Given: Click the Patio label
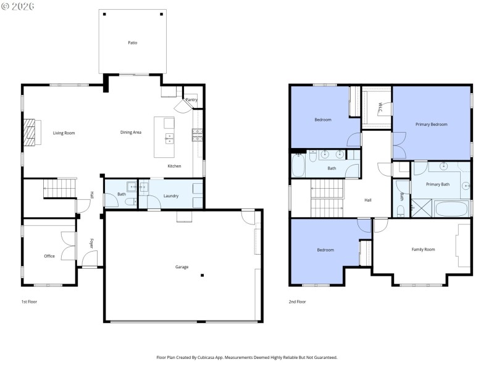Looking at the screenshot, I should click(133, 43).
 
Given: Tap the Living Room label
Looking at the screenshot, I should click(64, 133).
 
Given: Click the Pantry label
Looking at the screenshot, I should click(191, 100).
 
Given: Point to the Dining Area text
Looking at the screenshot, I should click(131, 133).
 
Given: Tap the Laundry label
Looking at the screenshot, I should click(171, 196).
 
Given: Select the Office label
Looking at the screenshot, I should click(49, 256).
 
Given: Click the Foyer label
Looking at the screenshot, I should click(92, 243).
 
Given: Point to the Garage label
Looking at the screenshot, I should click(182, 267).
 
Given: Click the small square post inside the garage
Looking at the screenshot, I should click(202, 276).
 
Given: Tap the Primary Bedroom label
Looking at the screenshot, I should click(431, 125).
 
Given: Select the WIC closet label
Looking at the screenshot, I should click(380, 107).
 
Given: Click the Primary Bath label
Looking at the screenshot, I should click(437, 184).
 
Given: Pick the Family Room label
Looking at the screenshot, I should click(424, 249).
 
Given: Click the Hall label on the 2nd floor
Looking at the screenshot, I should click(368, 200).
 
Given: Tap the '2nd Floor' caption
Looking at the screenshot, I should click(297, 302).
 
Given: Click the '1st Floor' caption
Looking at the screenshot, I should click(29, 302).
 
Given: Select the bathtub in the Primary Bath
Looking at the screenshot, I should click(452, 208).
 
